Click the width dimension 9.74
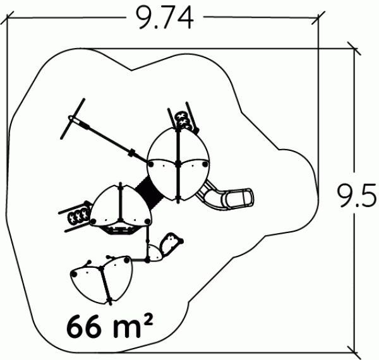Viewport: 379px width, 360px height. [x=165, y=18]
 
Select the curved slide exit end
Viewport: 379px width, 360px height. [x=240, y=198]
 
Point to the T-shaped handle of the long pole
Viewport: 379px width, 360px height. [x=73, y=118]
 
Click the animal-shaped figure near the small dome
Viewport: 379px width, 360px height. [x=171, y=244]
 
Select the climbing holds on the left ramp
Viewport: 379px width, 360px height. [x=78, y=215]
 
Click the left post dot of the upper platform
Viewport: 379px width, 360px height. [x=151, y=165]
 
